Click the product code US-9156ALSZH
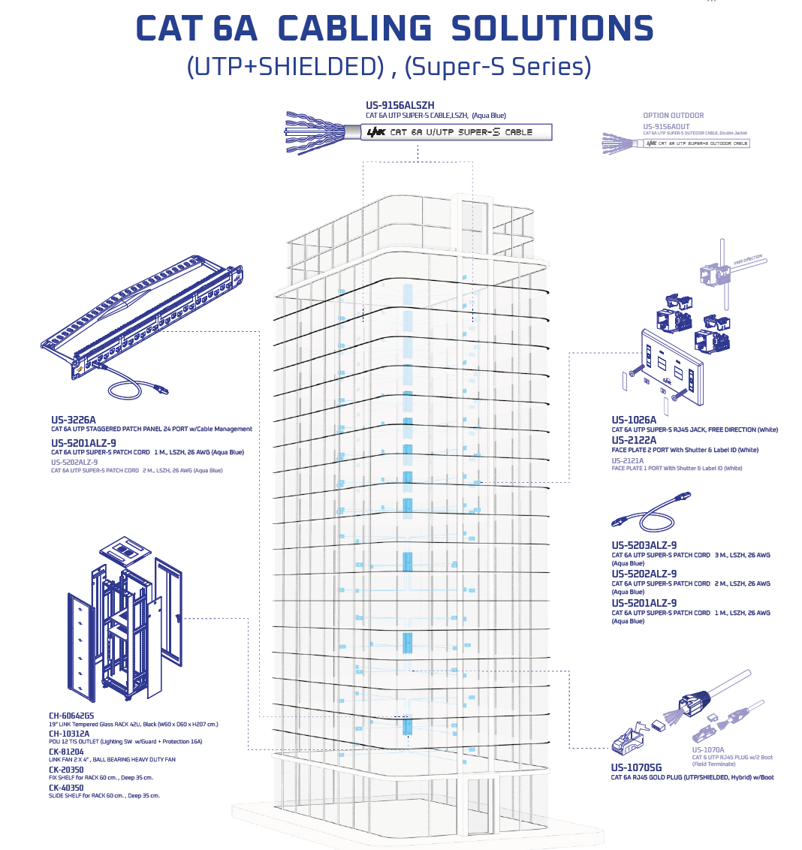point(400,106)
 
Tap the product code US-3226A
point(74,420)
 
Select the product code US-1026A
point(634,420)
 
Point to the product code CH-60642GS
point(71,716)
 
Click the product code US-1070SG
point(636,767)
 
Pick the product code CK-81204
point(66,751)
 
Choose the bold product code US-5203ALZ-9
point(644,545)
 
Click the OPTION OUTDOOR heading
point(674,116)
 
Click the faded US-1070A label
point(707,749)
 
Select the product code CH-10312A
point(69,734)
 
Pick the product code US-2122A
point(634,440)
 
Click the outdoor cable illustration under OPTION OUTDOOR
point(676,143)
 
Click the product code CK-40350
point(66,787)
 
